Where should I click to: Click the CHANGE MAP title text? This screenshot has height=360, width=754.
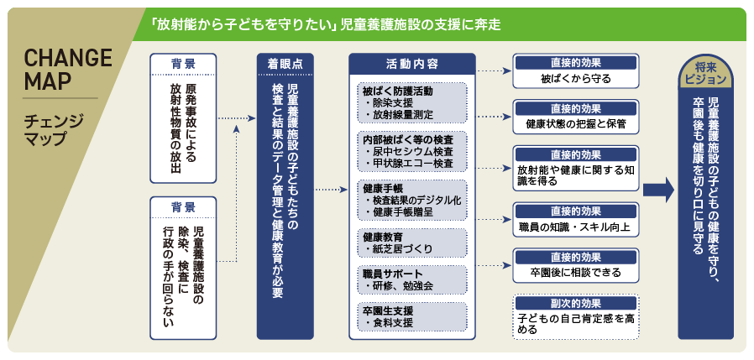pos(67,70)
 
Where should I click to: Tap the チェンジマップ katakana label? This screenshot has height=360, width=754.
pos(54,129)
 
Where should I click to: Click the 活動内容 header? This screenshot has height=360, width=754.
pos(411,64)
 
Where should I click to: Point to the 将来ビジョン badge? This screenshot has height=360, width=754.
pos(705,74)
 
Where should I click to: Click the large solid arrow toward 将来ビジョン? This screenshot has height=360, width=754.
pos(659,190)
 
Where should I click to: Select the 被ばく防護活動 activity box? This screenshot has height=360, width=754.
pos(412,103)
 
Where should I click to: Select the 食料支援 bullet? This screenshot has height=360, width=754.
pos(390,322)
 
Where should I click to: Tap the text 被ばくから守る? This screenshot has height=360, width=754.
pos(576,78)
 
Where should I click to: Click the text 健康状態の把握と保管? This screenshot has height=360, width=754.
pos(576,124)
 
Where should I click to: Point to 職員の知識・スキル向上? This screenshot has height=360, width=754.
pos(575,227)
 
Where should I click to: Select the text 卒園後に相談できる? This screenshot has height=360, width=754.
pos(576,273)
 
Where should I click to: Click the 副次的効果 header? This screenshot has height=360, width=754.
pos(576,304)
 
